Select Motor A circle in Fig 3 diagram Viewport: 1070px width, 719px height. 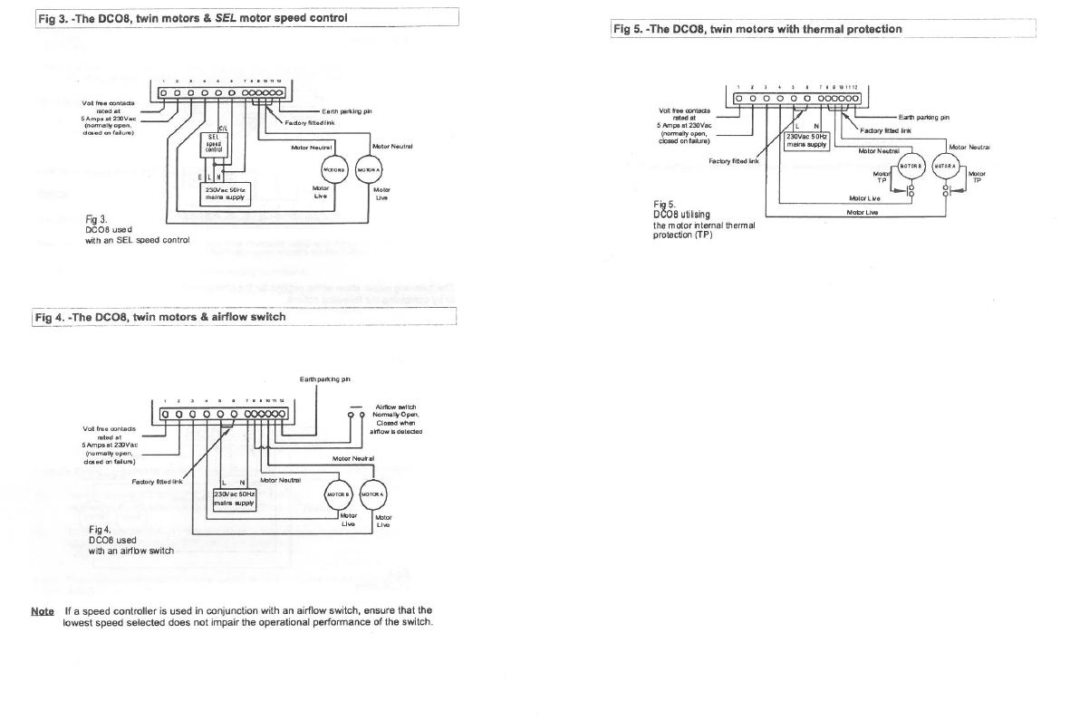[x=368, y=169]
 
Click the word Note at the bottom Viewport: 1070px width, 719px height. [x=43, y=611]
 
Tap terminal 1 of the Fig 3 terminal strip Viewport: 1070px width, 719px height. [x=167, y=91]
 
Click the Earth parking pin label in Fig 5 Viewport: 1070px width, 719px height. [x=923, y=117]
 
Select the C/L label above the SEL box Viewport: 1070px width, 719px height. [x=224, y=128]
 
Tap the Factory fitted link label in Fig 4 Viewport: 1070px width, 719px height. [x=157, y=481]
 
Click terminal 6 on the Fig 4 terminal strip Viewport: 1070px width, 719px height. [x=235, y=415]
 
